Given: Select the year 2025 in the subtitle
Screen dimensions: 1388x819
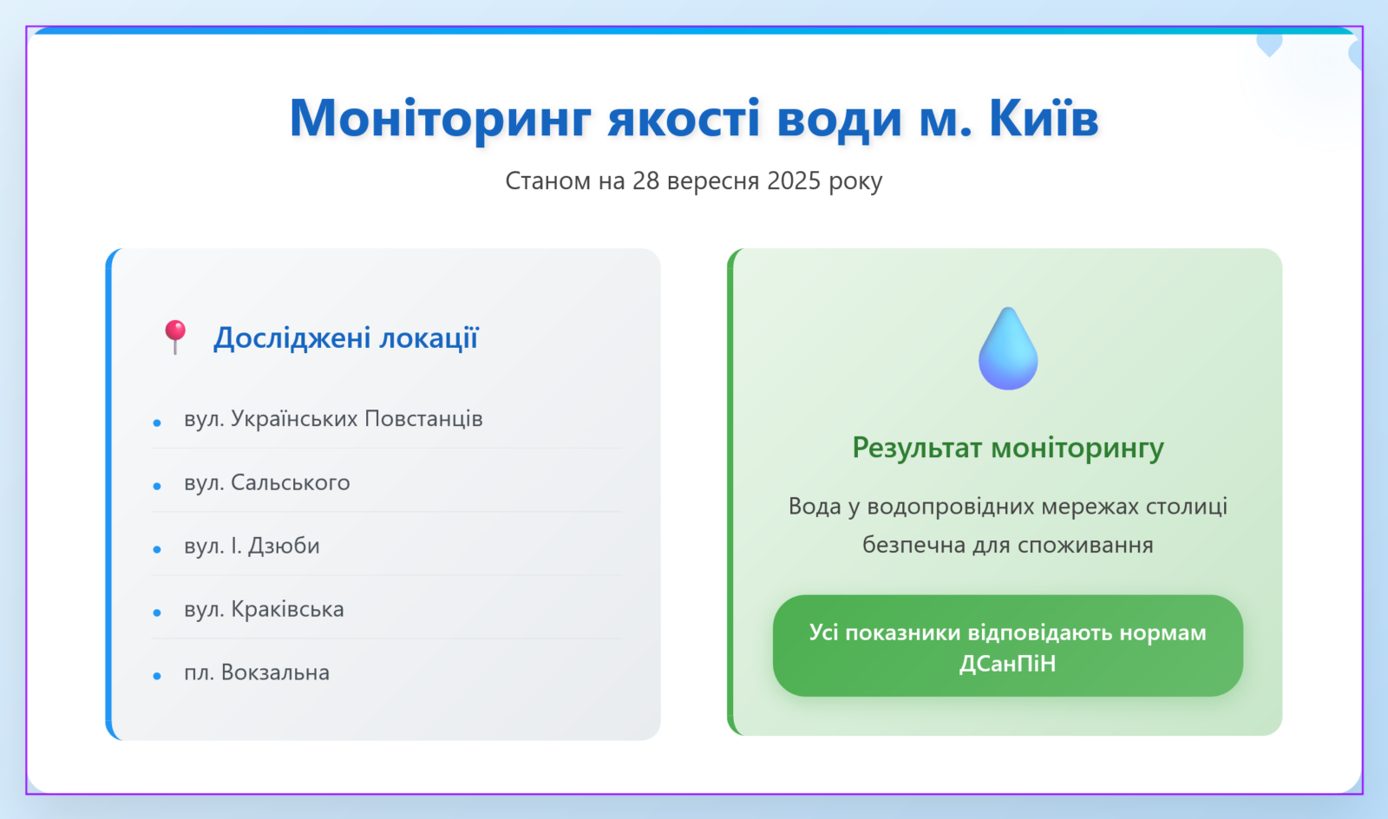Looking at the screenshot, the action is [x=795, y=181].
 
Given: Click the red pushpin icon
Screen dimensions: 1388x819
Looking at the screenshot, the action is [x=175, y=337].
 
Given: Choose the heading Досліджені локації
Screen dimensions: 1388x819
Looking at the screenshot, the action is [x=346, y=338].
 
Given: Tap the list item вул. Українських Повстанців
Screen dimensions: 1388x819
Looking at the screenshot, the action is [x=333, y=419].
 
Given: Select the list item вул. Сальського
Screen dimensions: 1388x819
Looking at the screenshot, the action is [x=267, y=482].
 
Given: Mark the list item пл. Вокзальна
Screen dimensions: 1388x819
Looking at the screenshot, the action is [x=257, y=672].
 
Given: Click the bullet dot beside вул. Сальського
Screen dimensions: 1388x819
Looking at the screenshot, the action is [x=157, y=487].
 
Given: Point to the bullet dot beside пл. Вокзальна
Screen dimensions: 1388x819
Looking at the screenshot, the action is [x=157, y=676].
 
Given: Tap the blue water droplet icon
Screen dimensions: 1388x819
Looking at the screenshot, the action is [x=1008, y=349].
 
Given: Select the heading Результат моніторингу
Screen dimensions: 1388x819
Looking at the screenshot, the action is [x=1008, y=448].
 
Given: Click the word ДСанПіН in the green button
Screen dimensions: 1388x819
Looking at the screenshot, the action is [x=1007, y=664].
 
